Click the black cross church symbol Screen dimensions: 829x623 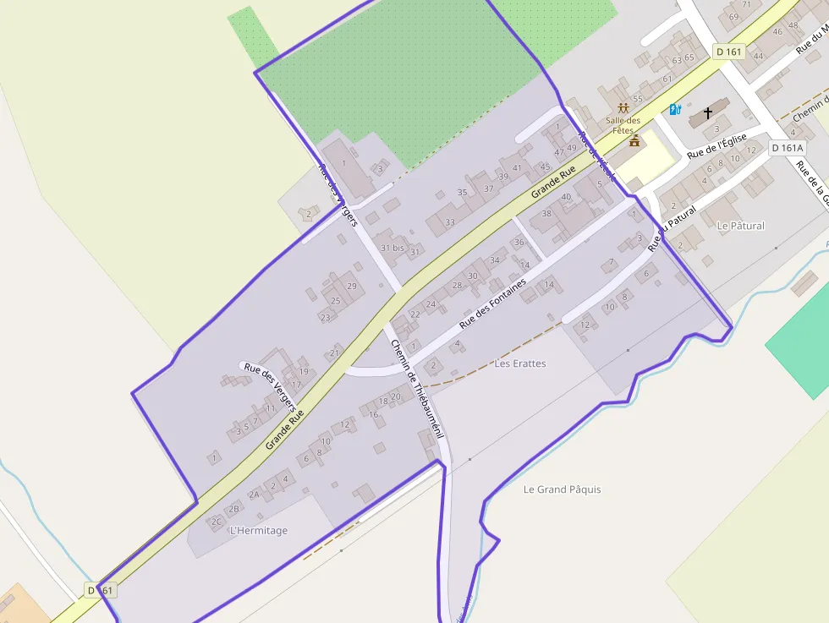click(x=708, y=112)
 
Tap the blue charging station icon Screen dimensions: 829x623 click(x=675, y=109)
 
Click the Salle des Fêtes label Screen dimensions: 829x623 click(x=623, y=125)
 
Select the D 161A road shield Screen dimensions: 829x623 click(x=786, y=148)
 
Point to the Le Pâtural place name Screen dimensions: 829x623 click(x=740, y=226)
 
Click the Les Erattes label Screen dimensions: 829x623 click(x=520, y=363)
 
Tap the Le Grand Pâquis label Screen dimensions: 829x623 click(x=563, y=489)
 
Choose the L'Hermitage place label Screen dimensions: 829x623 click(x=259, y=531)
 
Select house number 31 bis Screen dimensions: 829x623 click(x=393, y=248)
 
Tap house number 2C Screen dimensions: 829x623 click(x=217, y=522)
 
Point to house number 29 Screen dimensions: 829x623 click(x=352, y=287)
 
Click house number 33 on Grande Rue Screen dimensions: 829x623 click(x=450, y=222)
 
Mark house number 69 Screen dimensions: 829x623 click(x=733, y=17)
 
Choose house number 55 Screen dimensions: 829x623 click(x=638, y=99)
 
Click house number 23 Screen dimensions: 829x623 click(x=325, y=318)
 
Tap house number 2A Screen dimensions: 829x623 click(x=254, y=495)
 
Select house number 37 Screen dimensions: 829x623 click(x=488, y=188)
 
